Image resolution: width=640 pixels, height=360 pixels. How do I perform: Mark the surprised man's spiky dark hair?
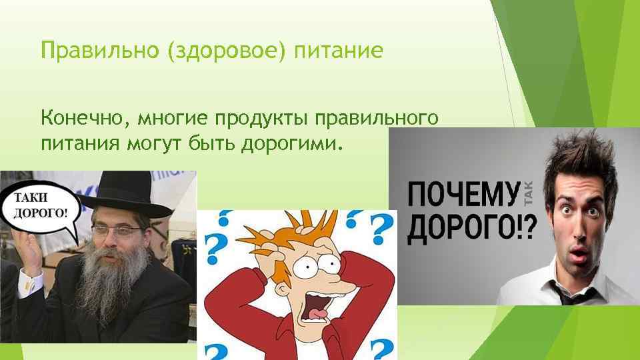click(x=577, y=160)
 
